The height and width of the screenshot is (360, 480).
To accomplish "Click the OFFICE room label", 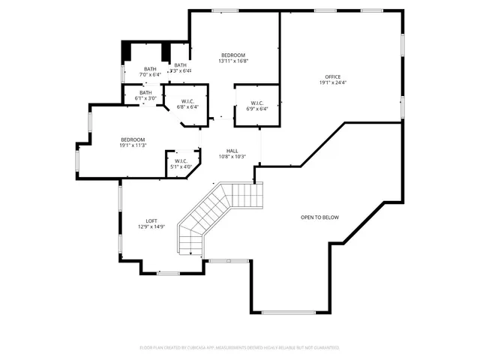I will [x=332, y=76].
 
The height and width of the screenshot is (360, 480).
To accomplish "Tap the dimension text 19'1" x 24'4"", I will [x=332, y=82].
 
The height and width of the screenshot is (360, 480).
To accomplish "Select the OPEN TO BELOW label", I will [x=319, y=217].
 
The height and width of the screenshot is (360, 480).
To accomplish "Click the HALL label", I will [x=232, y=151].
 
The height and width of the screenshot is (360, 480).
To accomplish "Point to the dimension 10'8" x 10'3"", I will [x=232, y=157].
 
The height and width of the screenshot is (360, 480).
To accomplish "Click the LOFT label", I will [x=151, y=220].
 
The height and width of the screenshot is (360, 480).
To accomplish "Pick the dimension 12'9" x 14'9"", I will [x=151, y=226].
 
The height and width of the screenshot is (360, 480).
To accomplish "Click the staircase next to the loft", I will [x=217, y=214].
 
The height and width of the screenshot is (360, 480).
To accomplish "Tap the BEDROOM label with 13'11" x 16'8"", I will [x=233, y=55].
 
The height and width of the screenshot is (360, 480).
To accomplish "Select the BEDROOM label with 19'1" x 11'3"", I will [x=133, y=139].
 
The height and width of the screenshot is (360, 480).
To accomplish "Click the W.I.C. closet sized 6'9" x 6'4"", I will [x=256, y=103].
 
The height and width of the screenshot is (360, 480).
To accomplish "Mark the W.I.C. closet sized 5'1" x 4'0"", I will [x=181, y=160].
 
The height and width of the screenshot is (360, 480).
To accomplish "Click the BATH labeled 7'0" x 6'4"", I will [x=150, y=69].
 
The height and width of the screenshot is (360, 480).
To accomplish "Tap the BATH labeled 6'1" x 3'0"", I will [x=145, y=92].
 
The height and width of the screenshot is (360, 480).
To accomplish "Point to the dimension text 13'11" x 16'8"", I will [x=233, y=61].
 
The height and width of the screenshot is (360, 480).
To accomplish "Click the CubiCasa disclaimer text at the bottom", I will [x=239, y=347].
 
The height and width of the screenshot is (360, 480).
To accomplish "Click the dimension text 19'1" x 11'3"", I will [x=133, y=145].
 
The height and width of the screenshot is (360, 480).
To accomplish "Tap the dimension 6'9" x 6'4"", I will [x=256, y=109].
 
